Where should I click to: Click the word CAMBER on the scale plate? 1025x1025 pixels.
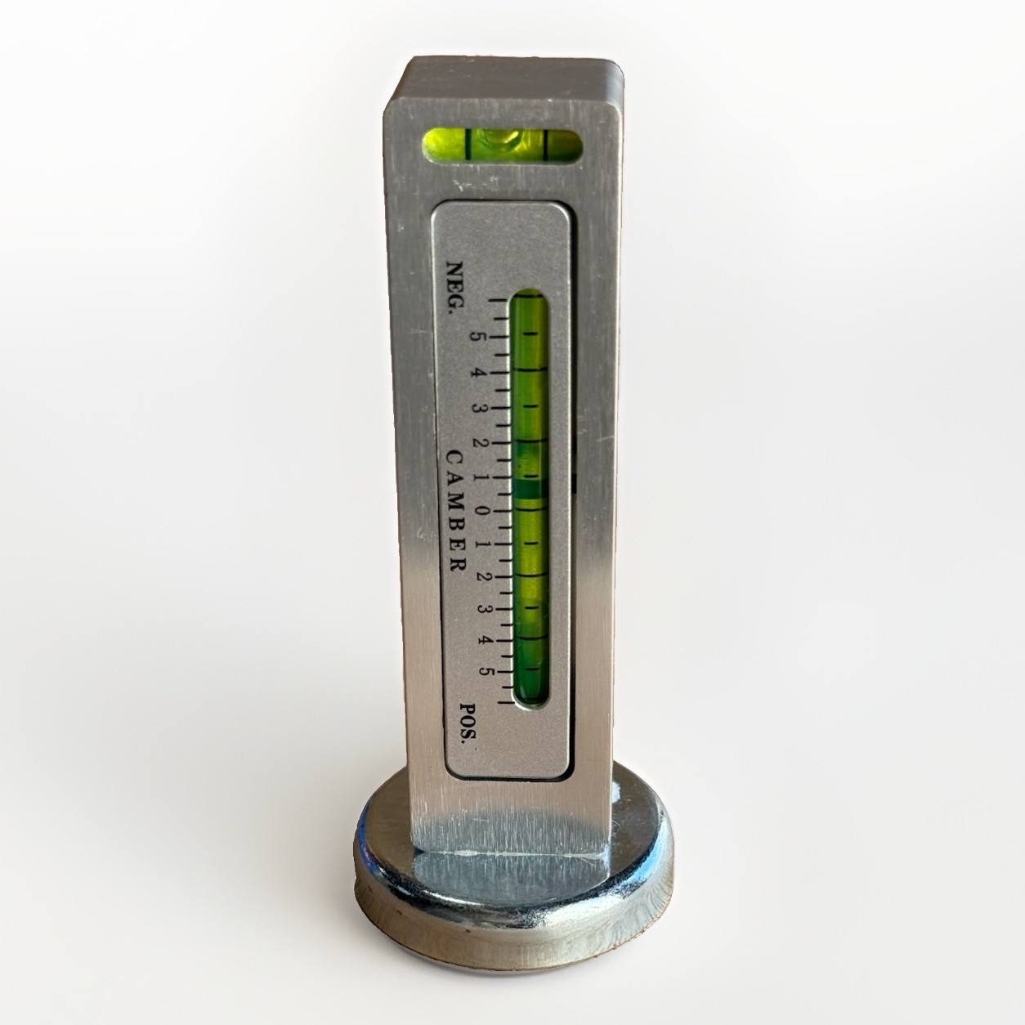456,511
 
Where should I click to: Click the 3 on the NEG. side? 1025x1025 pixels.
479,409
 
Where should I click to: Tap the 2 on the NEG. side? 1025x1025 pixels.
481,442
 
